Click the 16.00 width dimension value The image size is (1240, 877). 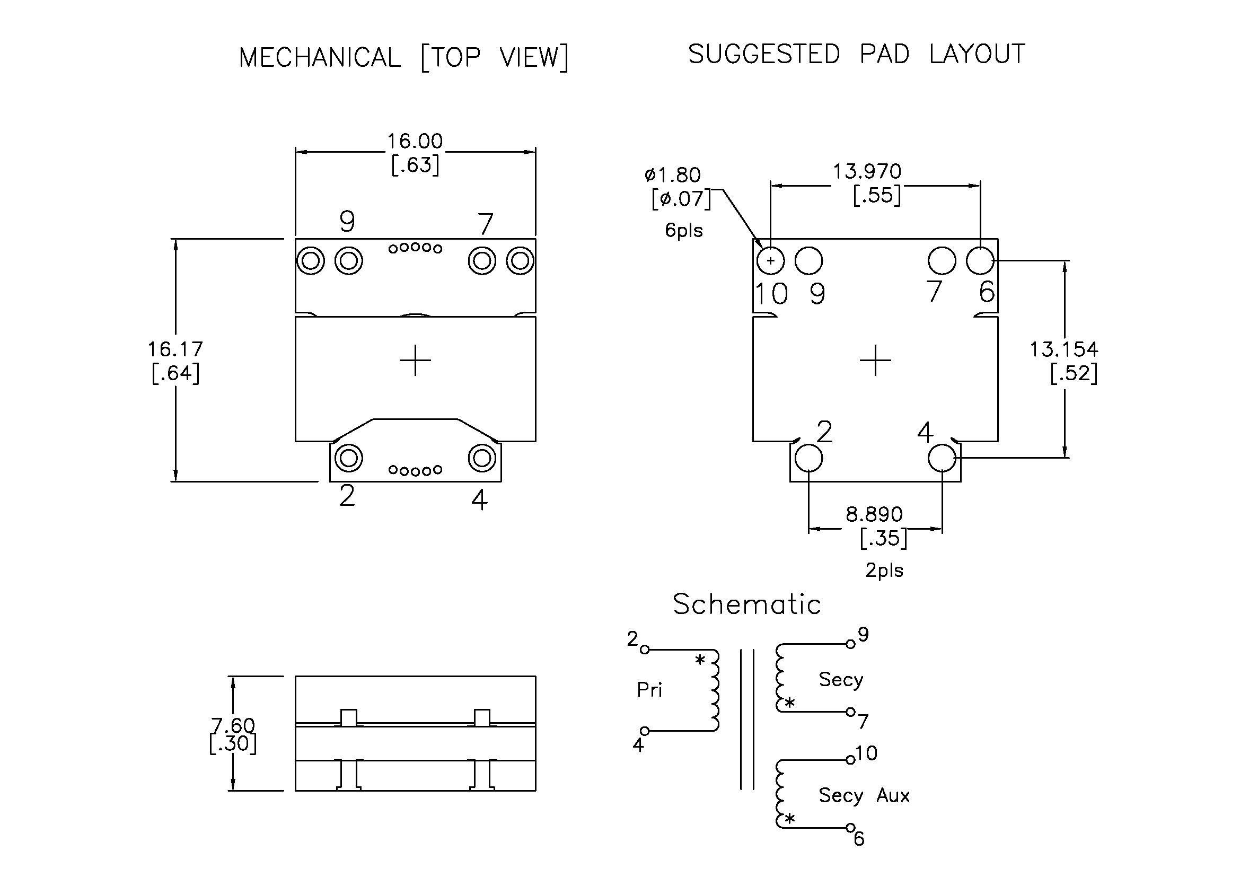pos(415,142)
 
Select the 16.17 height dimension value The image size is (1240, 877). pos(175,349)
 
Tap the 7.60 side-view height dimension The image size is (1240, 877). pos(233,725)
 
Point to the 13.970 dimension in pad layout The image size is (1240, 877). pos(867,172)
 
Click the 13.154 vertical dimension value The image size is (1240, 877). pos(1063,349)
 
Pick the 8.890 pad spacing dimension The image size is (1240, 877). pos(874,514)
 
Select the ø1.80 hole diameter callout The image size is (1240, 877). pos(672,175)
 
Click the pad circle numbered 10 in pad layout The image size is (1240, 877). pos(771,261)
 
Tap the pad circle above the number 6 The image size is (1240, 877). pos(980,260)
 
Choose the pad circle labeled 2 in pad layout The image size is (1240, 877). pos(808,459)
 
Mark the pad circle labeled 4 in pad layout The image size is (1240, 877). pos(942,459)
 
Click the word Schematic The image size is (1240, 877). pos(746,604)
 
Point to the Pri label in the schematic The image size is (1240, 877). pos(649,690)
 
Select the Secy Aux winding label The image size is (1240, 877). pos(864,795)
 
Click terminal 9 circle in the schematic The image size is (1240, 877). pos(850,644)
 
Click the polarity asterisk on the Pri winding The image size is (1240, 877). pos(700,660)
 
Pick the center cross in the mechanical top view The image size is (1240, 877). pos(415,360)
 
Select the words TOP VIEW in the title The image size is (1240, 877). pos(494,57)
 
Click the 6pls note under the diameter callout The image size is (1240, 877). pos(684,231)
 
